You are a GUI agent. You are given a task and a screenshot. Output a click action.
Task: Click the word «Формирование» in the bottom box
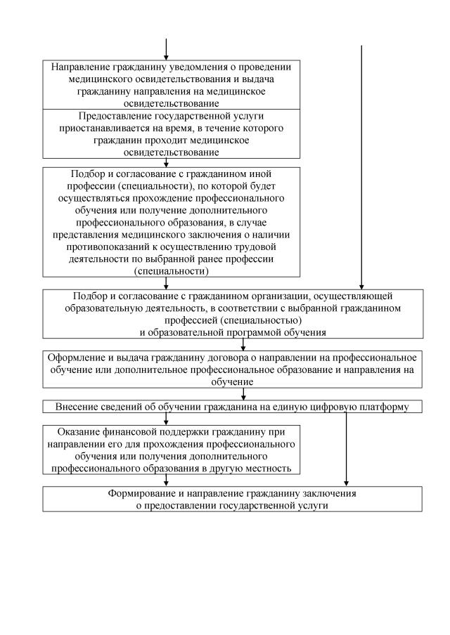coord(146,493)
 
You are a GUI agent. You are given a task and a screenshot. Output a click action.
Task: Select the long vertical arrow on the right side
coord(361,169)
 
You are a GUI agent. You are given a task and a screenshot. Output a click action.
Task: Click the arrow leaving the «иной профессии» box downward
coord(166,281)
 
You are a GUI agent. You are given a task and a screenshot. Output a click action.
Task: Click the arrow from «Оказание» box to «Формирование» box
coord(166,481)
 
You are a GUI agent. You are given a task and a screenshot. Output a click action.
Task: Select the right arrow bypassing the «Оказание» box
coord(346,450)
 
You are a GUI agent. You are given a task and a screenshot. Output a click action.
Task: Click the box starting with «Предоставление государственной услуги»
coord(166,133)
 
